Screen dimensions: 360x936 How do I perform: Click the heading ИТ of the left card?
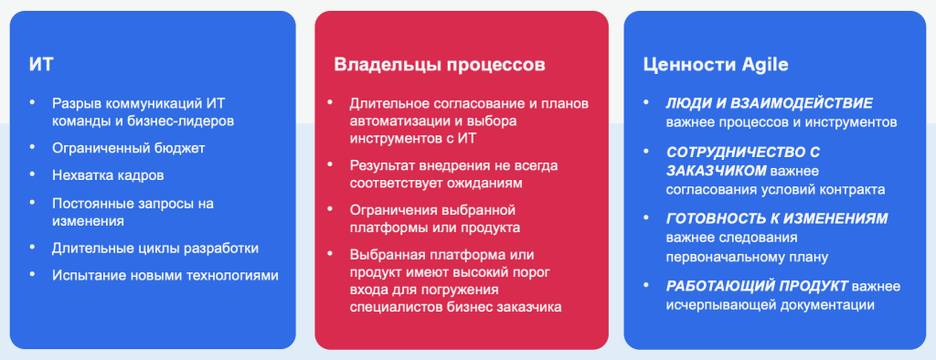click(40, 65)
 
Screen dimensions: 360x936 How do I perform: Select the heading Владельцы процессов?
click(439, 65)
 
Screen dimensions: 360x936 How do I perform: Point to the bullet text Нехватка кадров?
click(108, 175)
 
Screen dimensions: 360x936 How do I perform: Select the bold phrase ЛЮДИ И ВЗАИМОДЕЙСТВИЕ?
click(769, 103)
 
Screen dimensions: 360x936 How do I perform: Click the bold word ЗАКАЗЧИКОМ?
click(716, 171)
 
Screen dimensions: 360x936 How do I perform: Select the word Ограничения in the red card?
click(391, 209)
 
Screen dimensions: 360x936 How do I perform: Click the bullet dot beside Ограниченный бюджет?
click(35, 147)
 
